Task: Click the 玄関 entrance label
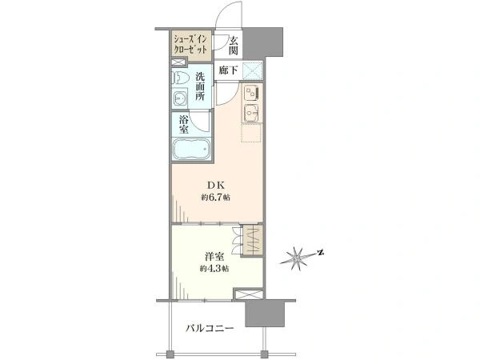point(234,46)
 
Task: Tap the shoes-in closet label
point(190,45)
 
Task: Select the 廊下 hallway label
point(228,70)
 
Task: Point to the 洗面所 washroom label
point(201,86)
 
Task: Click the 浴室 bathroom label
point(184,125)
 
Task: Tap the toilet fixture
point(178,78)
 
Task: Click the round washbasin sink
point(179,98)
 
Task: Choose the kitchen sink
point(252,114)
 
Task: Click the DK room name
point(216,186)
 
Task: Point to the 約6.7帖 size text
point(215,198)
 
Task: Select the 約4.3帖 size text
point(214,269)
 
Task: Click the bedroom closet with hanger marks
point(252,239)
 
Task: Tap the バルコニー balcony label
point(210,329)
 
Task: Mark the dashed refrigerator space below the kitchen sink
point(251,133)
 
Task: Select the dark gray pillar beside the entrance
point(262,42)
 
